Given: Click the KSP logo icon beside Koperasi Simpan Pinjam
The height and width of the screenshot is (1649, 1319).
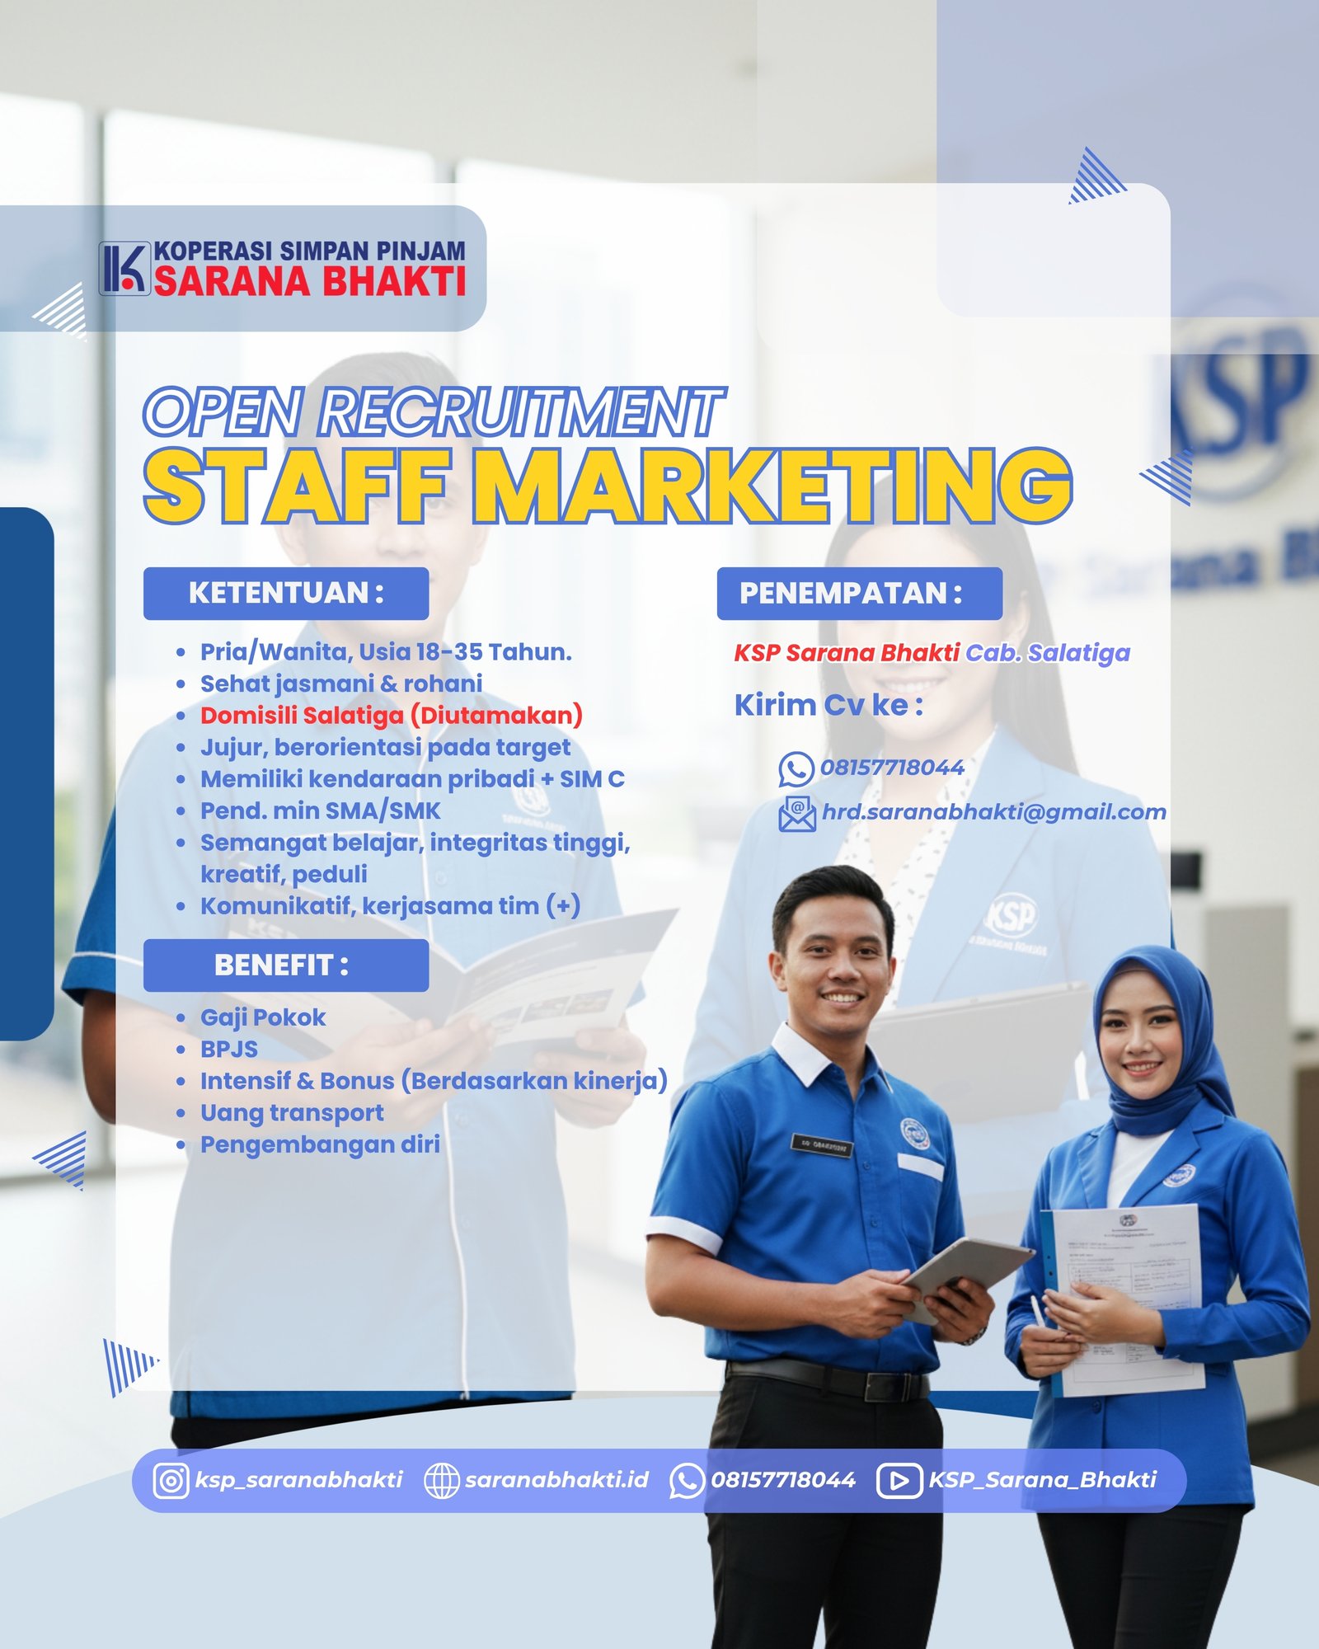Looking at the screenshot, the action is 124,268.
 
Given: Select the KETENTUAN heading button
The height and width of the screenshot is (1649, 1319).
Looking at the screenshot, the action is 286,594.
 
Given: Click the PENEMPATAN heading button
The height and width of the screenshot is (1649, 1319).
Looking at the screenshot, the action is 860,594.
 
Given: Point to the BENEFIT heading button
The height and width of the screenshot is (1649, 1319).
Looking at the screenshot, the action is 286,965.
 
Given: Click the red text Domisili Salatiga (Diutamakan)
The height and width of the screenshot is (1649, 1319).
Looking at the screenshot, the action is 392,716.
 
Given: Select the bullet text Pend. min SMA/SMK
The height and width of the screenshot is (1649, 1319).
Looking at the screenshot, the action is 321,811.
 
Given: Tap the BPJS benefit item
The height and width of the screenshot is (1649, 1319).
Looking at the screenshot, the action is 229,1050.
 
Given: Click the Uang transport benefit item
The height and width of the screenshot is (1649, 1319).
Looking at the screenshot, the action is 292,1113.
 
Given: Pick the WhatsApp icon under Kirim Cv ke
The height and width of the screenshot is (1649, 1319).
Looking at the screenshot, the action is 796,769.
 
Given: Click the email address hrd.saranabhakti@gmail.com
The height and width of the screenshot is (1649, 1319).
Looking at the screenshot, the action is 994,812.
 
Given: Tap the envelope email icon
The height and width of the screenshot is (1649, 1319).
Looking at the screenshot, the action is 797,814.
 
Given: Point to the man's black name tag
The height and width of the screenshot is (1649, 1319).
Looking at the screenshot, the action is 822,1144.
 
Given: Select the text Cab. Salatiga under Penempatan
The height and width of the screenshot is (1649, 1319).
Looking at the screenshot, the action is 1048,653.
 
